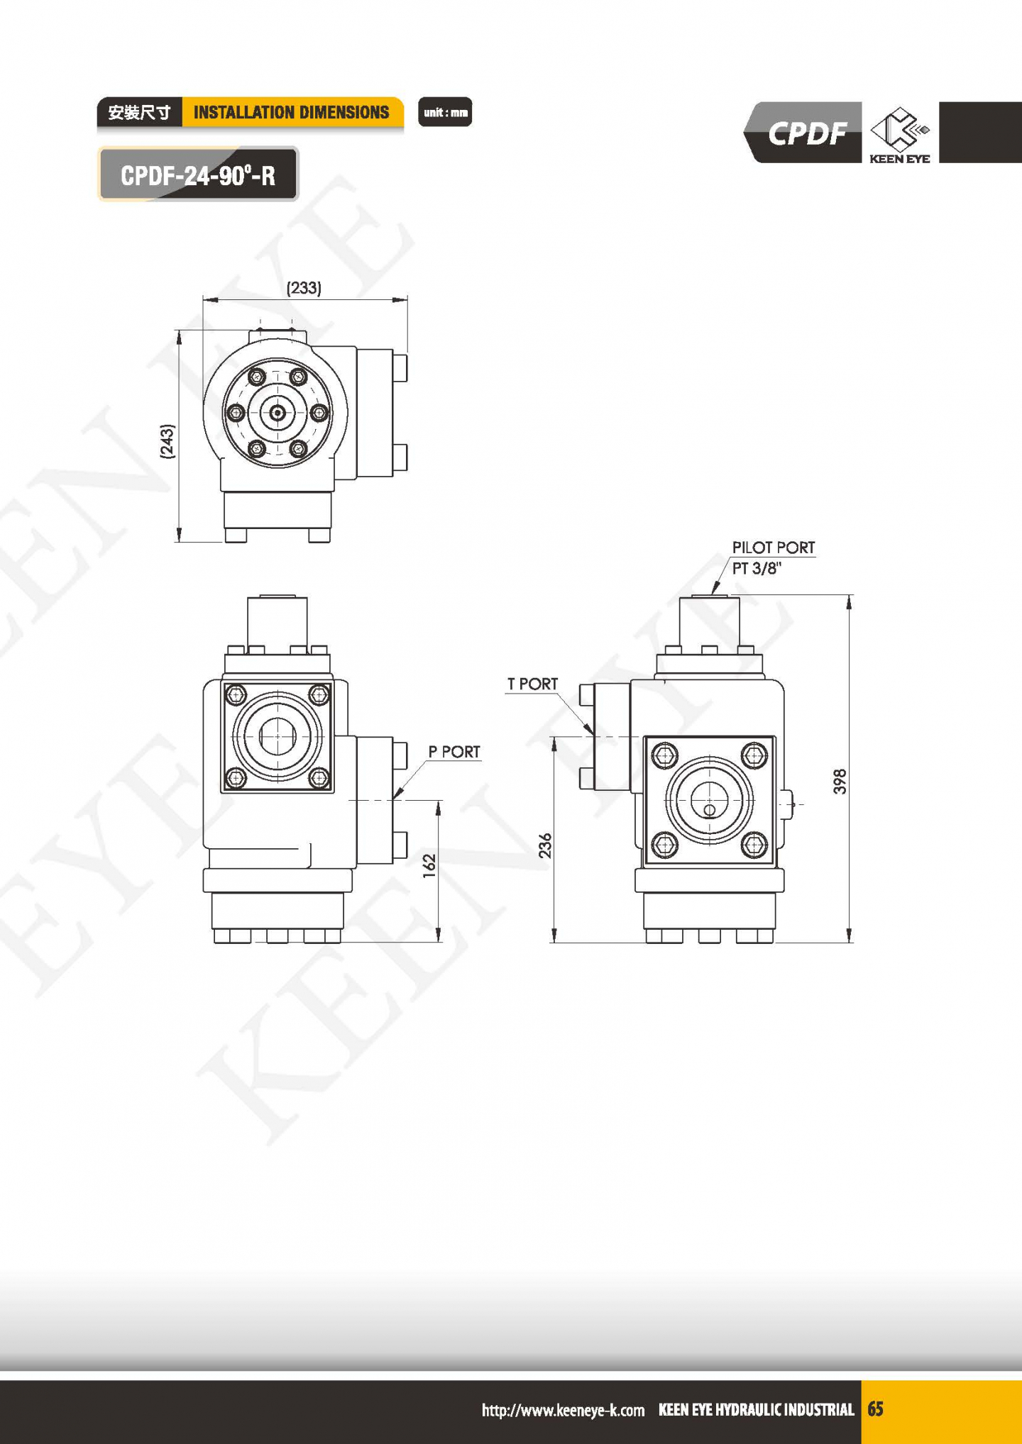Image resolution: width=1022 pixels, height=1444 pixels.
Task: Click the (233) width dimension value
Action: (x=304, y=288)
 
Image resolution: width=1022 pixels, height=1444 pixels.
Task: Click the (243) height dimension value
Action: (x=167, y=441)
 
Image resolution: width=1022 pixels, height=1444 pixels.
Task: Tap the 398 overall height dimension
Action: (x=840, y=781)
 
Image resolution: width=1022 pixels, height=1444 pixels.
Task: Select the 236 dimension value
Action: (x=544, y=845)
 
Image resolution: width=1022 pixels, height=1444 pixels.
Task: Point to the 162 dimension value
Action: (x=429, y=866)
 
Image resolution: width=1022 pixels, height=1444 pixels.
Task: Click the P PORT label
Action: (x=454, y=752)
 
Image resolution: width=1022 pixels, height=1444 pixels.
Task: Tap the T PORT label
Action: (x=532, y=684)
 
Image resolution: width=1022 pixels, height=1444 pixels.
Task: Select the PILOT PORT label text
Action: (x=774, y=548)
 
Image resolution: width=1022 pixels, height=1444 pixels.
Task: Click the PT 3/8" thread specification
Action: (x=757, y=568)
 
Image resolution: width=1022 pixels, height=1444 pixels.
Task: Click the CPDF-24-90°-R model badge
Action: (x=198, y=174)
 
